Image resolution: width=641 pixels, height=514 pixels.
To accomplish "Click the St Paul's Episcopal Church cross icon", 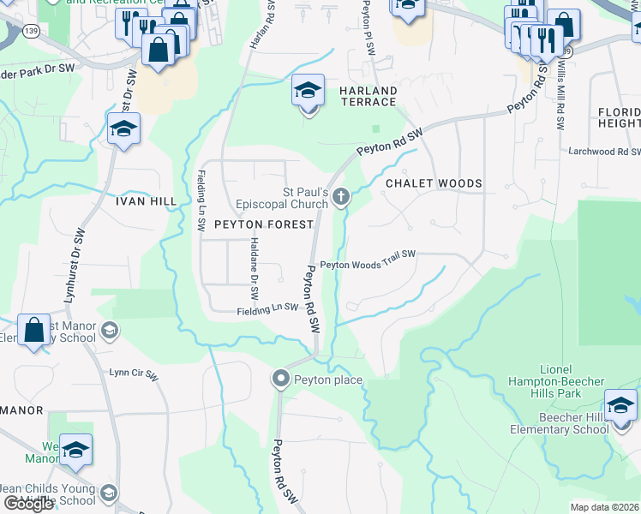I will (x=341, y=198).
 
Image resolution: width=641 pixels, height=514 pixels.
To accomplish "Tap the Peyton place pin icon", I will (x=280, y=379).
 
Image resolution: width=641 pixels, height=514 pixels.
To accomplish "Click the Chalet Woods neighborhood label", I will (x=434, y=183).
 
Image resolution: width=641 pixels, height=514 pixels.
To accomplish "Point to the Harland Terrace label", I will (x=368, y=96).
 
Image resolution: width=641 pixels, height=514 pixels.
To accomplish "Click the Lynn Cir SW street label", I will (x=135, y=374).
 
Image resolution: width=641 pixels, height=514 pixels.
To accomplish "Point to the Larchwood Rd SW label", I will (x=603, y=152).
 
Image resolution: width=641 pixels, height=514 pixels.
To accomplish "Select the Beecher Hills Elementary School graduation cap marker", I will (x=620, y=404).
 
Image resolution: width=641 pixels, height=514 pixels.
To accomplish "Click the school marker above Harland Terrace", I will (x=308, y=89).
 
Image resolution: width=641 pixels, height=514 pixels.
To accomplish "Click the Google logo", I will (x=28, y=505).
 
